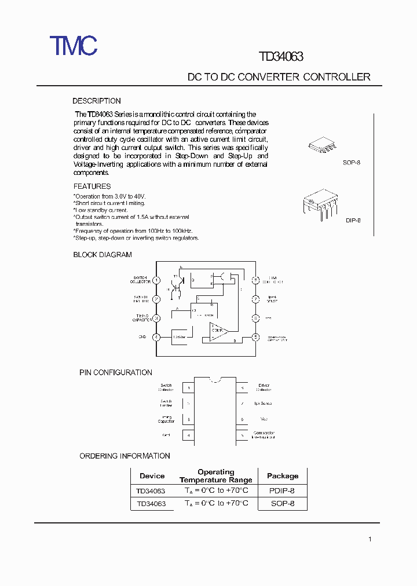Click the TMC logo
(73, 45)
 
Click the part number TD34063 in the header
(281, 56)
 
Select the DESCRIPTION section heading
(97, 101)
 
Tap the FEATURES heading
(92, 186)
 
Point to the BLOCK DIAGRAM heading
(103, 255)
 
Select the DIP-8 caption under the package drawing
(353, 221)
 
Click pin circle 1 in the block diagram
(156, 280)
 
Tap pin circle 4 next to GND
(156, 337)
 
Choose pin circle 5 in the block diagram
(255, 337)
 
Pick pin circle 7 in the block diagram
(255, 299)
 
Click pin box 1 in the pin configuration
(188, 387)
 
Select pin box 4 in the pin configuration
(188, 434)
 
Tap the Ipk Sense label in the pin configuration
(263, 403)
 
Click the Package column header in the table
(283, 476)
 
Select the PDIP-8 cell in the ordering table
(282, 490)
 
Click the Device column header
(152, 476)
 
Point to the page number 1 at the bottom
(370, 540)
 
